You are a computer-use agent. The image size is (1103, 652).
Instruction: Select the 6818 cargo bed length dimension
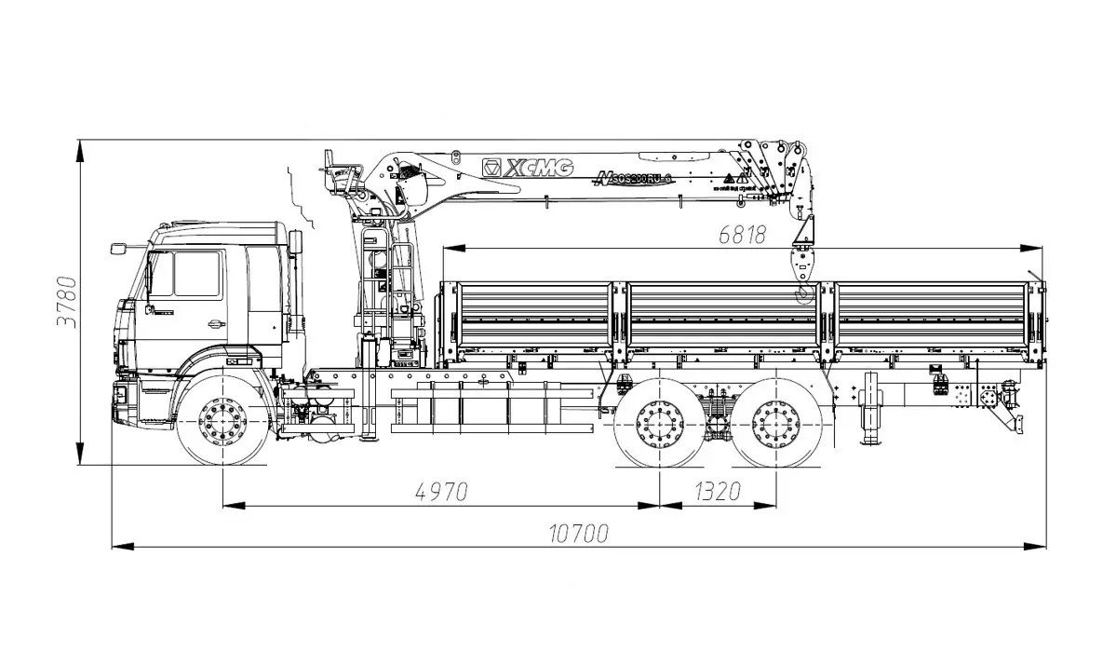pos(742,235)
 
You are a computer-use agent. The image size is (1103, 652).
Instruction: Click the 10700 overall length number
pos(578,533)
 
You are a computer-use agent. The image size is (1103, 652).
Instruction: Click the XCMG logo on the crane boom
pos(527,168)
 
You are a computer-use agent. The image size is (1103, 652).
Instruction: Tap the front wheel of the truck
pos(223,421)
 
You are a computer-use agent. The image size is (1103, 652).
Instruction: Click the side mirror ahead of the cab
pos(118,248)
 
